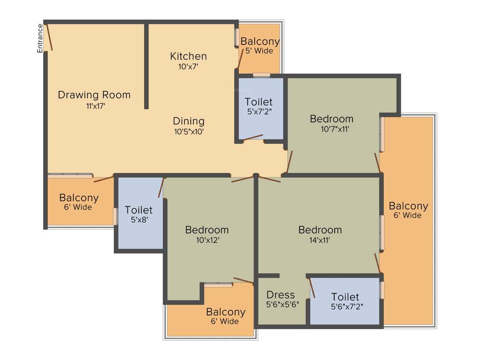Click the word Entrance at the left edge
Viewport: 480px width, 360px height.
tap(40, 37)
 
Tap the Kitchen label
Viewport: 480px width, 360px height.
tap(188, 56)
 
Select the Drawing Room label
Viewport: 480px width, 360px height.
tap(94, 95)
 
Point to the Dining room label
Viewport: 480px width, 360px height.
tap(188, 121)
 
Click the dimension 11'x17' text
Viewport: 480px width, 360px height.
tap(95, 106)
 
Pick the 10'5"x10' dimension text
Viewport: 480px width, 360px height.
tap(188, 132)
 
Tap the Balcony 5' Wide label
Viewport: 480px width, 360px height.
tap(260, 45)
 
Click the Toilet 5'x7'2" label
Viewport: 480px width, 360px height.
tap(258, 106)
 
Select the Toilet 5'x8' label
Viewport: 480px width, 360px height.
tap(139, 214)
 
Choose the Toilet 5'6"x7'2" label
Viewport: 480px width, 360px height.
tap(345, 301)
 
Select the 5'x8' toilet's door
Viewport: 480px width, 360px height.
tap(162, 187)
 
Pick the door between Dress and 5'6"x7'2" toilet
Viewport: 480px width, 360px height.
tap(312, 288)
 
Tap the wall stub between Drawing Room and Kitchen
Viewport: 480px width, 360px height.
tap(146, 66)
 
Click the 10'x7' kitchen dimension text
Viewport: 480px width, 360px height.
tap(188, 67)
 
